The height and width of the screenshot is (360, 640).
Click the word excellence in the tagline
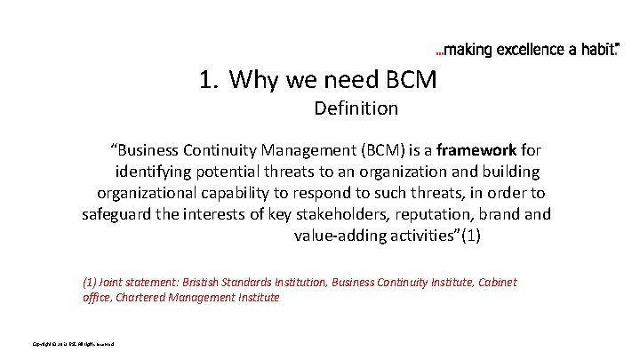[522, 50]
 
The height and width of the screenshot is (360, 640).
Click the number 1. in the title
[209, 82]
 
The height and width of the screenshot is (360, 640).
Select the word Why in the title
[252, 82]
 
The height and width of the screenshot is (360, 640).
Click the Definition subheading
[356, 110]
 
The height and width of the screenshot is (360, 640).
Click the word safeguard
[120, 214]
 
